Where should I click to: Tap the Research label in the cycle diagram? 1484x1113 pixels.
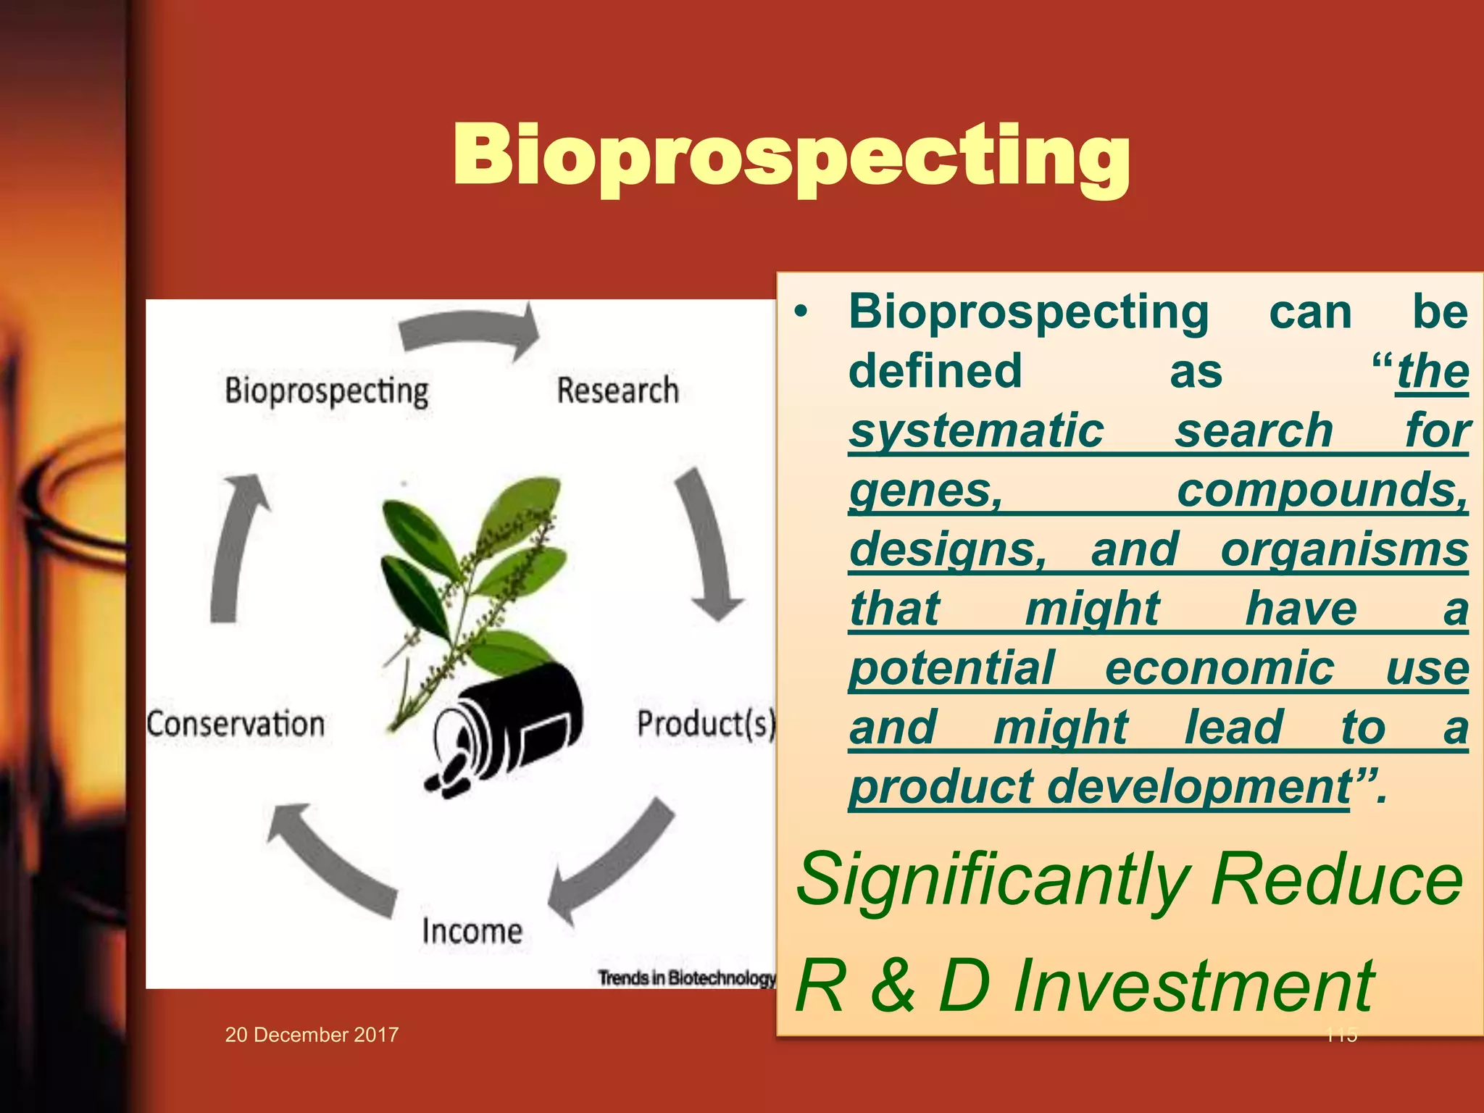click(x=617, y=391)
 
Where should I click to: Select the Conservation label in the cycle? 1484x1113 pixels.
click(x=235, y=724)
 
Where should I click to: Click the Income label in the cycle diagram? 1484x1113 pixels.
click(x=472, y=930)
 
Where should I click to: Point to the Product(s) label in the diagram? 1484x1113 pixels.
click(x=705, y=724)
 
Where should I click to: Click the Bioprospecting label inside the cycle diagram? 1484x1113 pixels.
click(x=326, y=391)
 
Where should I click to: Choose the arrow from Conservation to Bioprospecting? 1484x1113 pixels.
click(x=235, y=547)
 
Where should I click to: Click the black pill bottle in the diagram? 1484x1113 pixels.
click(x=514, y=721)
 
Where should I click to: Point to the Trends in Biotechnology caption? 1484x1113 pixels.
click(x=686, y=977)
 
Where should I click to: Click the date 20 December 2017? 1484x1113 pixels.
click(x=312, y=1035)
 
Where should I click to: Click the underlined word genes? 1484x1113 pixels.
click(x=926, y=491)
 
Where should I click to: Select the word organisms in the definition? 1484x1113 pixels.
click(x=1344, y=550)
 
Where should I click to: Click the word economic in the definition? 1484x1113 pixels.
click(x=1219, y=668)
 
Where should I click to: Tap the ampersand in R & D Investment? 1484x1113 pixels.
click(x=893, y=986)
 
